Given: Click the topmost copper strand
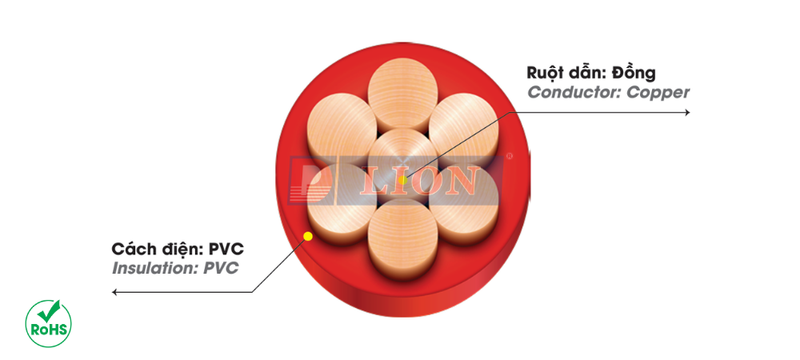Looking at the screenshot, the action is pyautogui.click(x=402, y=98).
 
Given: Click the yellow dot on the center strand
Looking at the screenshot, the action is pyautogui.click(x=402, y=180).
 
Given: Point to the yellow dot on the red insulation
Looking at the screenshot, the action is pyautogui.click(x=308, y=236).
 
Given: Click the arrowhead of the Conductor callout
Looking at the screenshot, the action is pyautogui.click(x=686, y=112).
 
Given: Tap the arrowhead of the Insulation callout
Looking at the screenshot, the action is pyautogui.click(x=115, y=292).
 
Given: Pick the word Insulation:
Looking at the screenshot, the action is pyautogui.click(x=155, y=268).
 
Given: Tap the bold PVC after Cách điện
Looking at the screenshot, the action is pyautogui.click(x=226, y=250).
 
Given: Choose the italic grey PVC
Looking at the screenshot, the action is pyautogui.click(x=221, y=268).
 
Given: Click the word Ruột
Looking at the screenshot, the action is pyautogui.click(x=546, y=73).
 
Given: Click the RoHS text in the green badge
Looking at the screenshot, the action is pyautogui.click(x=49, y=330).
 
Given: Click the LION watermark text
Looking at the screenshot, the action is pyautogui.click(x=419, y=181).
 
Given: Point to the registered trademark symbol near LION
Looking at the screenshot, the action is pyautogui.click(x=509, y=156).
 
